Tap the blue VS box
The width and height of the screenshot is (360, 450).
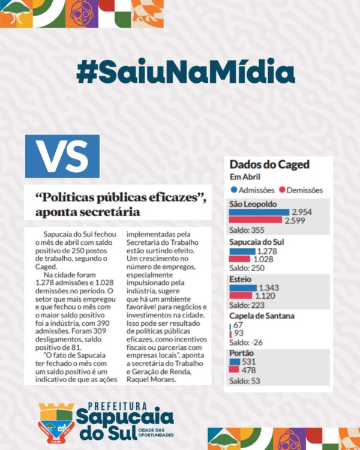(x=62, y=156)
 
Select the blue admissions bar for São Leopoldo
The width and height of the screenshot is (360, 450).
(x=259, y=212)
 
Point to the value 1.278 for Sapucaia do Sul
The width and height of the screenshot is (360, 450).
(x=268, y=251)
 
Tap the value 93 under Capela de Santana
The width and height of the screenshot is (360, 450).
(x=239, y=333)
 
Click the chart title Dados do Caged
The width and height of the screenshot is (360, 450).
(x=269, y=164)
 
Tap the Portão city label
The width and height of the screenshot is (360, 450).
(x=241, y=353)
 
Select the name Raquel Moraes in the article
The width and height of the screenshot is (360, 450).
(x=153, y=379)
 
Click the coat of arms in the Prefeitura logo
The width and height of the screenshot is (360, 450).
(x=56, y=421)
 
